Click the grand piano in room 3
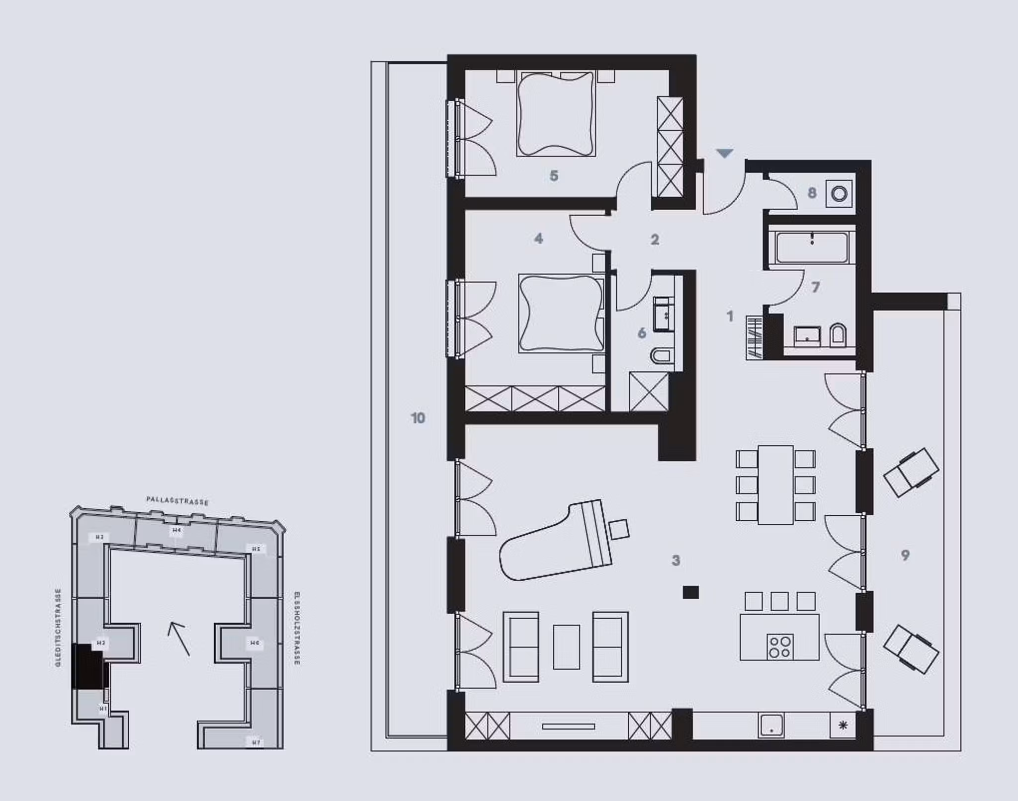point(554,544)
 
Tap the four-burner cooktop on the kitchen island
point(779,646)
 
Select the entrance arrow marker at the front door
point(725,154)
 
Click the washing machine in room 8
point(839,193)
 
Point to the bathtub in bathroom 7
point(812,247)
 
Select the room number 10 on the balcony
point(418,418)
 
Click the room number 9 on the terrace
point(905,555)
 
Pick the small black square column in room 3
point(690,592)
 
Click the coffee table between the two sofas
point(566,646)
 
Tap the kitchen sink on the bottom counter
point(771,725)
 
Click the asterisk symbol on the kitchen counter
point(843,725)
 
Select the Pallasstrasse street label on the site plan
point(177,500)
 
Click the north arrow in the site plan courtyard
point(178,639)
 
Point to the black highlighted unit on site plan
point(87,666)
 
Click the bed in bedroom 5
point(556,113)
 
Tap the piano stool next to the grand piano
point(619,529)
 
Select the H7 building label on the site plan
point(256,742)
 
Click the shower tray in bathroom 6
point(649,392)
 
